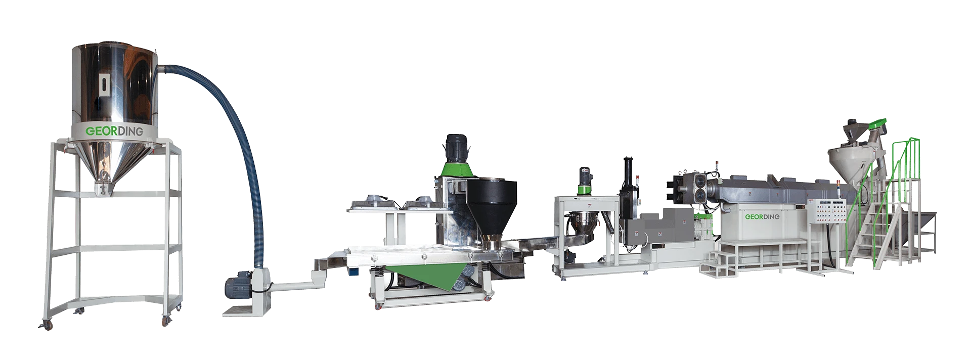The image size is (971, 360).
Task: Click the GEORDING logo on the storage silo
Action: pyautogui.click(x=114, y=131)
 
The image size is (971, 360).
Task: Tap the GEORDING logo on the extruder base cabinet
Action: pyautogui.click(x=762, y=217)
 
